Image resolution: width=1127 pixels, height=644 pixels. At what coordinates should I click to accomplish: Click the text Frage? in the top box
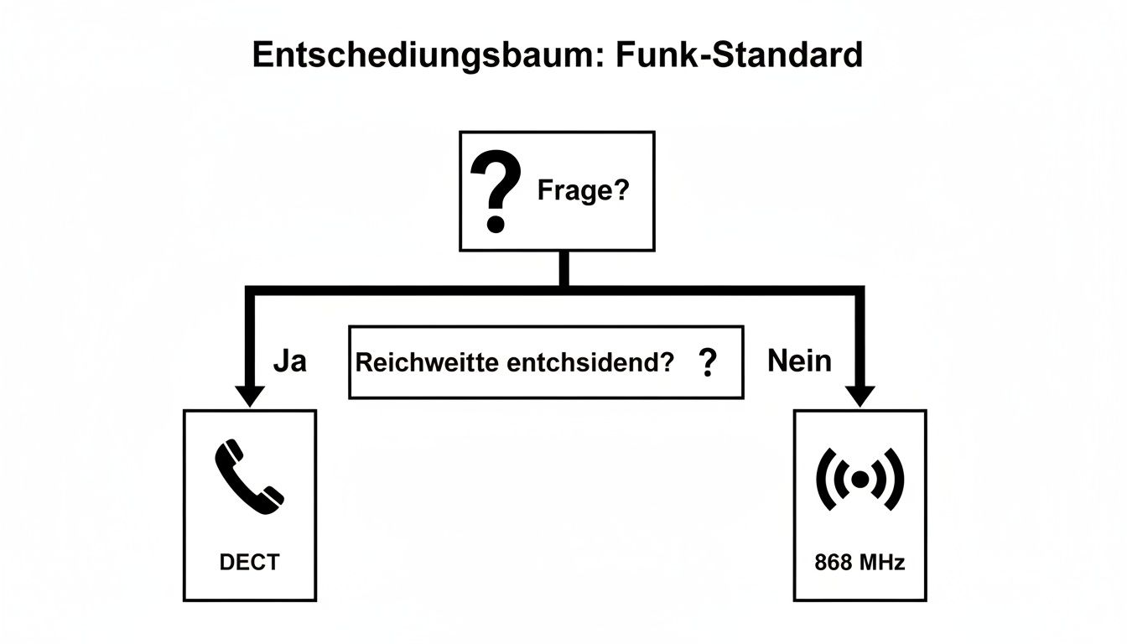click(583, 190)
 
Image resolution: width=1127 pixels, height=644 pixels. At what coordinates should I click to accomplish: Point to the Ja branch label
click(290, 361)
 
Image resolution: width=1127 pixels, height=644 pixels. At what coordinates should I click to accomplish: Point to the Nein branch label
click(800, 361)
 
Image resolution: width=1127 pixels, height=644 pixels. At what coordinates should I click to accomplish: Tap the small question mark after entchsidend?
click(708, 362)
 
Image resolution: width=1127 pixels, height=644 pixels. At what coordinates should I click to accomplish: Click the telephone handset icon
click(249, 477)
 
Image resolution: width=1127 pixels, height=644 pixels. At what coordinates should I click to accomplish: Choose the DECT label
click(249, 562)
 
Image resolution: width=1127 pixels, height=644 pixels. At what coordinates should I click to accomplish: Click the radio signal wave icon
click(860, 479)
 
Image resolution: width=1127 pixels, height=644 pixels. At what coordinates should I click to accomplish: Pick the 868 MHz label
click(860, 562)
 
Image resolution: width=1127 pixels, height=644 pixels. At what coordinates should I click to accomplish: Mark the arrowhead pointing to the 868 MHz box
click(860, 396)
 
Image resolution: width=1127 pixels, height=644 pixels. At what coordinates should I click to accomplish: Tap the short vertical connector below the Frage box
click(564, 268)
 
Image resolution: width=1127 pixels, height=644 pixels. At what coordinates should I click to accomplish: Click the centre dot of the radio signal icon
click(860, 479)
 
